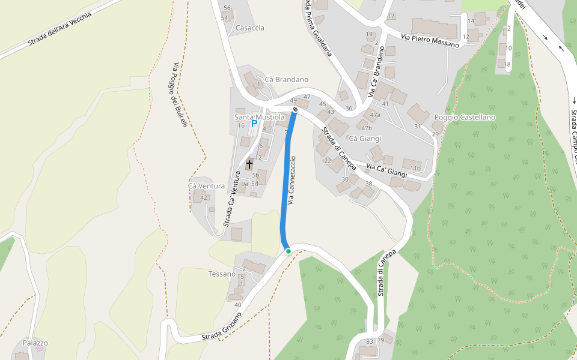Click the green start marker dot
(288, 251)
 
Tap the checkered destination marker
(295, 109)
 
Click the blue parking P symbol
(254, 123)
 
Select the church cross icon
(249, 164)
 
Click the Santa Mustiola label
(259, 117)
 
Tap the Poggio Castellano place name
(465, 117)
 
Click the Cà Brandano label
(286, 79)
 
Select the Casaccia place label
(250, 28)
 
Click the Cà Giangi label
(365, 139)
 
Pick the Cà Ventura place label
(206, 186)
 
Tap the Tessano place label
(222, 274)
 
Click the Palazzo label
(35, 343)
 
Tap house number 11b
(415, 168)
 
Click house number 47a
(375, 115)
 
